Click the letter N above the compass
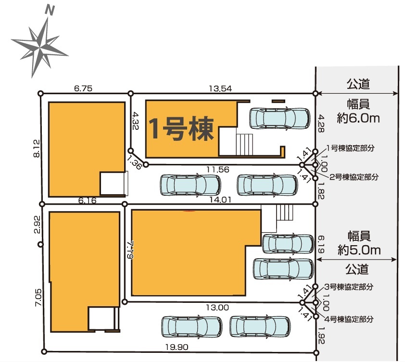click(50, 10)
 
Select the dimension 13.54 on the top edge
click(220, 88)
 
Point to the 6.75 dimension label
click(83, 88)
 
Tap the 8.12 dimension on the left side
click(37, 149)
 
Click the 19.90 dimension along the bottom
click(177, 347)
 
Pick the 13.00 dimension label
click(217, 308)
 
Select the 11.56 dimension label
click(218, 169)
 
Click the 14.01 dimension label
click(220, 200)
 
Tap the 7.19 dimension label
click(130, 250)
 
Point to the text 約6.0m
click(358, 118)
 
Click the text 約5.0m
click(359, 250)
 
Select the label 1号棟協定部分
click(350, 148)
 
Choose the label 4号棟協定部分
click(349, 319)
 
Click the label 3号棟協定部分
click(349, 287)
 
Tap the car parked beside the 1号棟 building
click(279, 118)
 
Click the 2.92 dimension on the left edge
click(37, 225)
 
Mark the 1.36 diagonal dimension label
click(135, 162)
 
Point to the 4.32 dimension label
click(135, 120)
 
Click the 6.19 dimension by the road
click(320, 245)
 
